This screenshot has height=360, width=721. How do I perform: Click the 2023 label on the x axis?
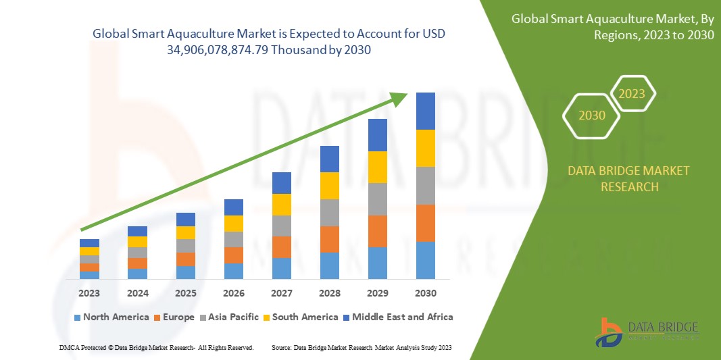click(x=89, y=293)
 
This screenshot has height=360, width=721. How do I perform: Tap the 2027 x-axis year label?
click(x=282, y=293)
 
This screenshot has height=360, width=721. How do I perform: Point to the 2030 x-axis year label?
click(x=426, y=293)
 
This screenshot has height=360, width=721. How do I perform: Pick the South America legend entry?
click(x=301, y=317)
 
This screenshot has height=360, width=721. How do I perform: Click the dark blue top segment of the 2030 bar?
click(x=425, y=111)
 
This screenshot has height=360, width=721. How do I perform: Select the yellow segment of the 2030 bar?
click(x=425, y=148)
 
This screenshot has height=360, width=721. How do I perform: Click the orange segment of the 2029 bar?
click(x=377, y=231)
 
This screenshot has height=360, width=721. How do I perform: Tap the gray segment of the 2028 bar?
click(x=329, y=212)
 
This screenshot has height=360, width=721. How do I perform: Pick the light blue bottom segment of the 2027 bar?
click(x=282, y=268)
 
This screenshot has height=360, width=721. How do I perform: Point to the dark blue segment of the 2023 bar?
click(x=89, y=243)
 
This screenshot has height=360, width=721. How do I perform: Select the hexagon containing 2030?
click(x=592, y=115)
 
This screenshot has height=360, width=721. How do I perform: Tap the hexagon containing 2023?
click(x=632, y=93)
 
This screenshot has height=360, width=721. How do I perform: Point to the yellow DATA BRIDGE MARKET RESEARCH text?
click(x=628, y=178)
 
